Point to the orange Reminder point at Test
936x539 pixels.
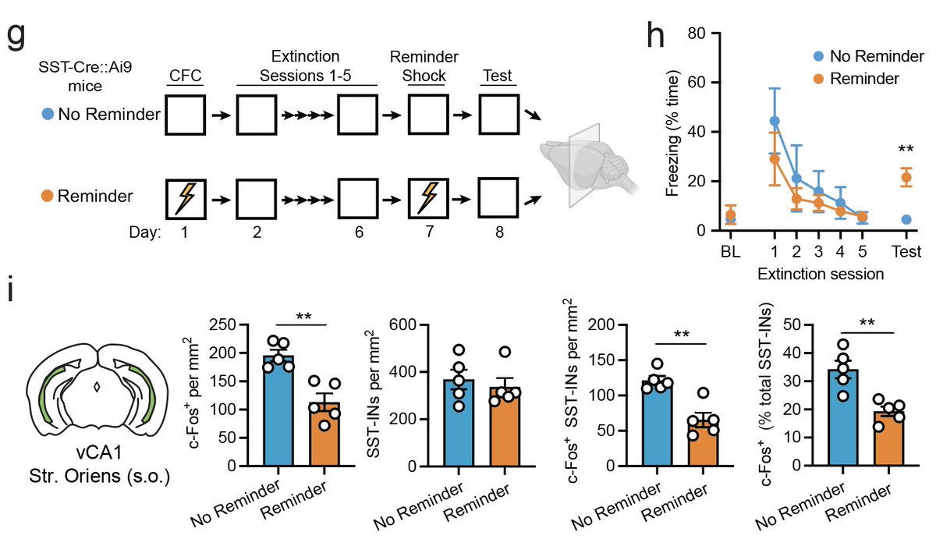[906, 177]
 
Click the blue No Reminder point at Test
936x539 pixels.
[906, 220]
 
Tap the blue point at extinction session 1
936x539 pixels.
[775, 121]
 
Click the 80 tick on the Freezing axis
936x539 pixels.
[707, 34]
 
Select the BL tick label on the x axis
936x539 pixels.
[730, 251]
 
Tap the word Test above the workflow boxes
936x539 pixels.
[497, 76]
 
